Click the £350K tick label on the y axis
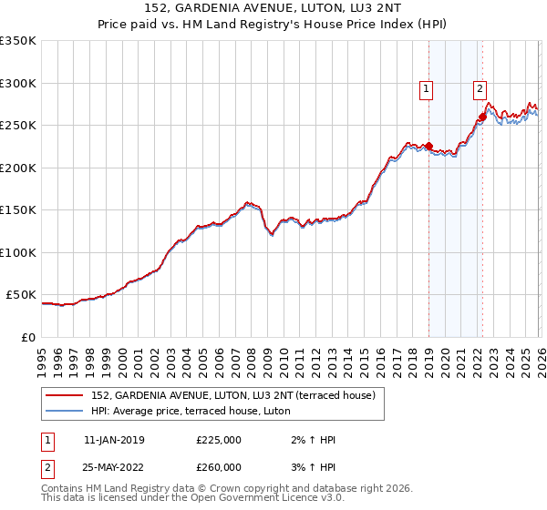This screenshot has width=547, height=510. tap(18, 41)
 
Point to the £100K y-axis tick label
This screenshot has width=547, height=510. tap(18, 252)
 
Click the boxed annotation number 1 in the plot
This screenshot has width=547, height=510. tap(427, 88)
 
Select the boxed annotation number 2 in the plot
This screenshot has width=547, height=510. tap(480, 88)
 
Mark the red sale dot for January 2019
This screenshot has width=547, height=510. tap(429, 147)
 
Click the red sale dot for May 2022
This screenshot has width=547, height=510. tap(482, 117)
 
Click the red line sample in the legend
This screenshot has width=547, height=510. tap(65, 395)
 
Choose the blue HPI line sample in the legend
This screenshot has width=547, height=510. tap(65, 411)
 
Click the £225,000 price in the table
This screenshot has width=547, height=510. tap(219, 440)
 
